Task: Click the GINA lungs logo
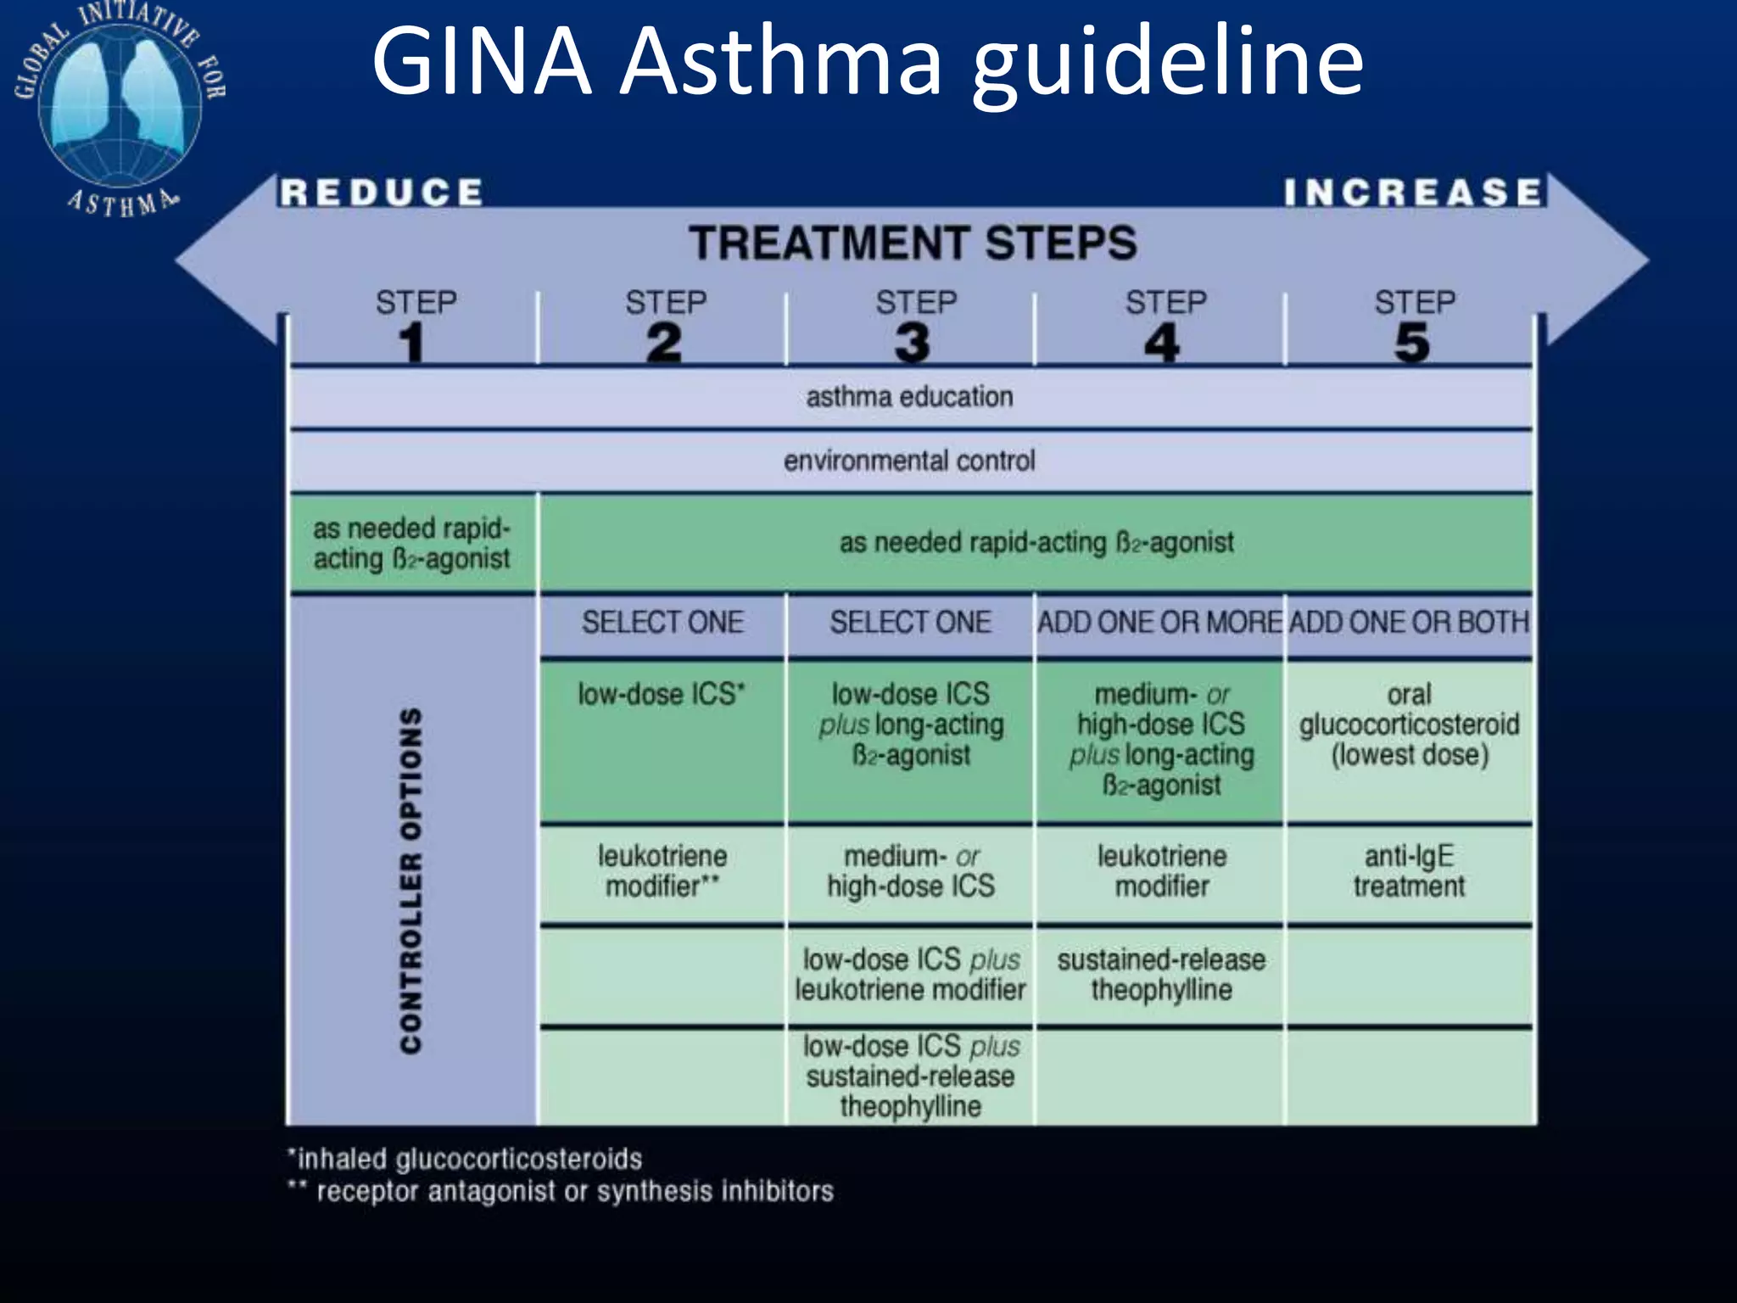pos(120,106)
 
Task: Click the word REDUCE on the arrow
pos(382,193)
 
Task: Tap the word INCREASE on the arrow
pos(1412,193)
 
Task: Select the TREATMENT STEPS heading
pos(912,243)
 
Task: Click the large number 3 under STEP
pos(913,344)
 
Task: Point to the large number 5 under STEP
pos(1412,344)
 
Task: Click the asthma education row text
pos(909,397)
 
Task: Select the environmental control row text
pos(909,461)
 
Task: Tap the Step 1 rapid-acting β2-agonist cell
pos(412,544)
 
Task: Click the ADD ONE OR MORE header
pos(1159,623)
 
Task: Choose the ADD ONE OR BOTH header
pos(1409,623)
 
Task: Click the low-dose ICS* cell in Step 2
pos(662,695)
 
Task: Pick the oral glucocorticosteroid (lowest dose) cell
pos(1409,724)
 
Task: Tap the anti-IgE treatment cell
pos(1409,871)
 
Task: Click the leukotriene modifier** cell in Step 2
pos(662,871)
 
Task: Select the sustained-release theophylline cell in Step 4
pos(1161,975)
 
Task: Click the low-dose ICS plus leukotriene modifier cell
pos(911,975)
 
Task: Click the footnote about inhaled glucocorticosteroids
pos(466,1159)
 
